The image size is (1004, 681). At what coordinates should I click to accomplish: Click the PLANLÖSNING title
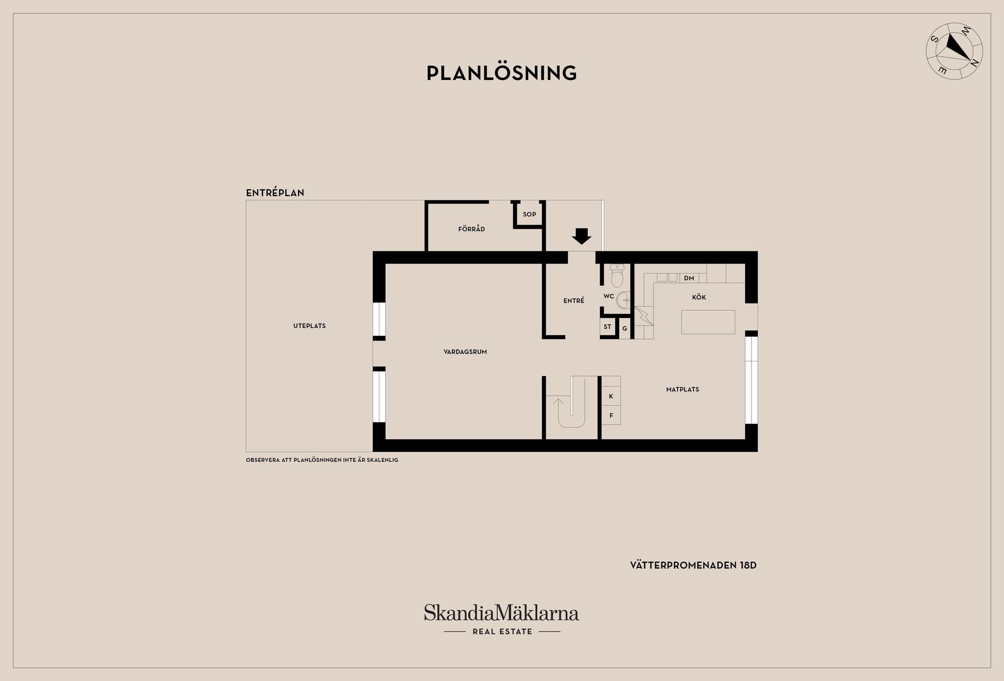click(501, 73)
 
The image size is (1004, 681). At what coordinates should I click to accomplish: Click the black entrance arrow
click(581, 236)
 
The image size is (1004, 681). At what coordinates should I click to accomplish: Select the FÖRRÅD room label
click(472, 229)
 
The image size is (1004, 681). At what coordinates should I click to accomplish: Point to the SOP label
click(529, 214)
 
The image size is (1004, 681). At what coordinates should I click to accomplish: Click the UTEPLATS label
click(310, 326)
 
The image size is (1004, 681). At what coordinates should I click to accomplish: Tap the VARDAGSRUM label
click(465, 352)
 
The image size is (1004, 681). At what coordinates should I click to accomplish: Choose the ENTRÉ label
click(574, 301)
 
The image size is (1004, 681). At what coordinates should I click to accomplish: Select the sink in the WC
click(624, 300)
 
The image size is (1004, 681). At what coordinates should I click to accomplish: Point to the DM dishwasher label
click(689, 278)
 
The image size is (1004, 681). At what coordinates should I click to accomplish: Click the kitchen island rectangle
click(708, 322)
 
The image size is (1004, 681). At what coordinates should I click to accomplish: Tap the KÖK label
click(699, 298)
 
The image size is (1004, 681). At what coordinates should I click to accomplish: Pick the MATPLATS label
click(682, 390)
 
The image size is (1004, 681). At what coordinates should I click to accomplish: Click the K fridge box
click(611, 396)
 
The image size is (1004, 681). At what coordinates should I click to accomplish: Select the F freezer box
click(611, 415)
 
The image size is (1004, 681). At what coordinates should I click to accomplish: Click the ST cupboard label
click(607, 327)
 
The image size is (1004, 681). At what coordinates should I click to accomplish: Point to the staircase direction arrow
click(558, 405)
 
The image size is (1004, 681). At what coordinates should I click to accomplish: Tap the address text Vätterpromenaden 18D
click(693, 565)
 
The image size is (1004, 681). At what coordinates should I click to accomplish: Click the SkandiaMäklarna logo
click(501, 620)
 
